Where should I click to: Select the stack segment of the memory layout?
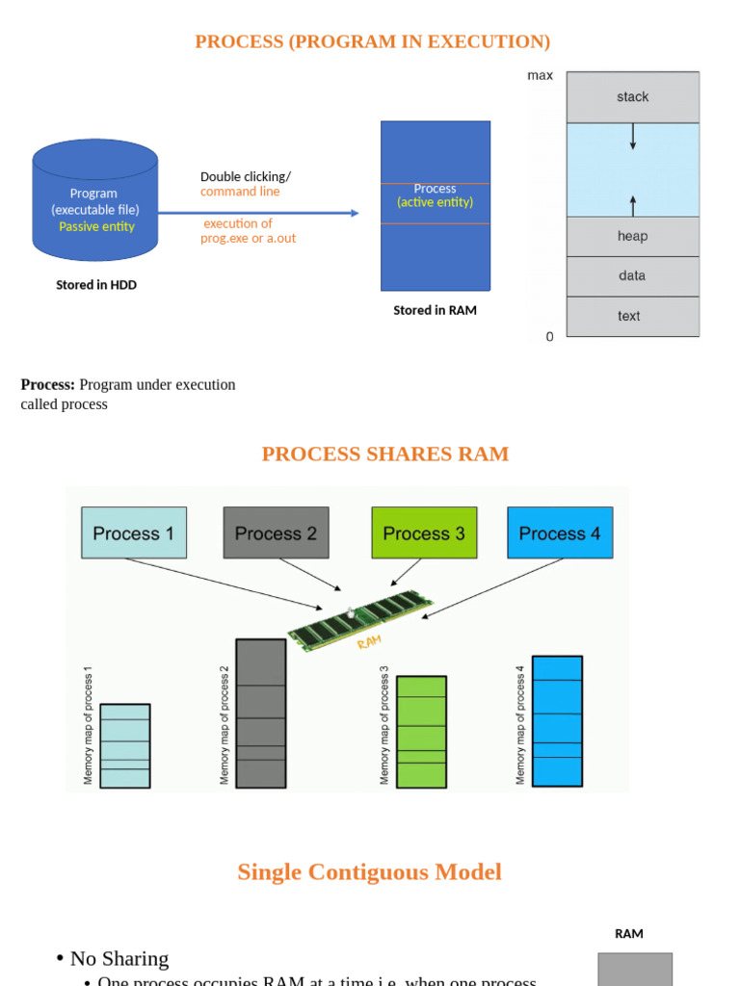632,96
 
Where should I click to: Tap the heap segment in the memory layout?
632,236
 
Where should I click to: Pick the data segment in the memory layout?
632,275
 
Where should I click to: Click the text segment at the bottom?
632,316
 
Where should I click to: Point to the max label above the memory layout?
540,75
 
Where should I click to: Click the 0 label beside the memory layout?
549,337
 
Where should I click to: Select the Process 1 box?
133,532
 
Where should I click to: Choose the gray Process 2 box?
276,532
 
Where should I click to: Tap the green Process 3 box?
424,532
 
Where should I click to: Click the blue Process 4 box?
560,532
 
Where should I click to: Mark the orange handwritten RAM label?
369,641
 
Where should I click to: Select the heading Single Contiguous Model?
369,872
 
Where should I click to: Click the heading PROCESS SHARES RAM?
384,454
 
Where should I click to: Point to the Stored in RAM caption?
435,310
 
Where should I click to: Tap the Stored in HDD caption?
96,285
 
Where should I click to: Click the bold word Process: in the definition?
47,384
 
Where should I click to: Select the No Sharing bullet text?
119,958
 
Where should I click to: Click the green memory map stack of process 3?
421,732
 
